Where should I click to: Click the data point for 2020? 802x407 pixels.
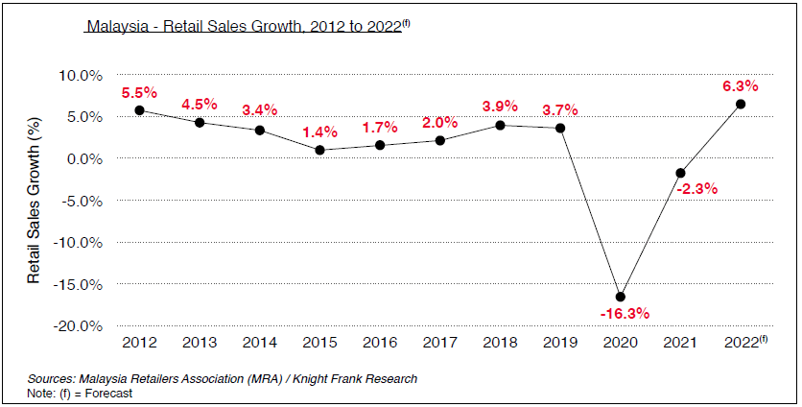coord(620,297)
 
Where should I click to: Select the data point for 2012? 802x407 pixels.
coord(139,110)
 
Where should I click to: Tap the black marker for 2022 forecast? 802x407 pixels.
coord(741,104)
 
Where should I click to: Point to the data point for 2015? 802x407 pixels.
coord(319,150)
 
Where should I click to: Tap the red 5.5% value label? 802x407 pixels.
coord(139,93)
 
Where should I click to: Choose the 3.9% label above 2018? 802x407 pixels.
coord(500,107)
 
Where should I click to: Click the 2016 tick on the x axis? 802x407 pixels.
coord(380,341)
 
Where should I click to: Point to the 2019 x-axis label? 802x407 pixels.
coord(560,341)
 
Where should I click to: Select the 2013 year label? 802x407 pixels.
coord(200,341)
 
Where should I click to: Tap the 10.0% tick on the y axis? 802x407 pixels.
coord(82,75)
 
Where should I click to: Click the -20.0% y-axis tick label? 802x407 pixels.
coord(79,325)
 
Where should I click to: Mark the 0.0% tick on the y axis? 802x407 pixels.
coord(85,158)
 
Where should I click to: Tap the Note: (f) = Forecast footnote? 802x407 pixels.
coord(80,393)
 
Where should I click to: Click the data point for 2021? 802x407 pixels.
coord(680,173)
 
